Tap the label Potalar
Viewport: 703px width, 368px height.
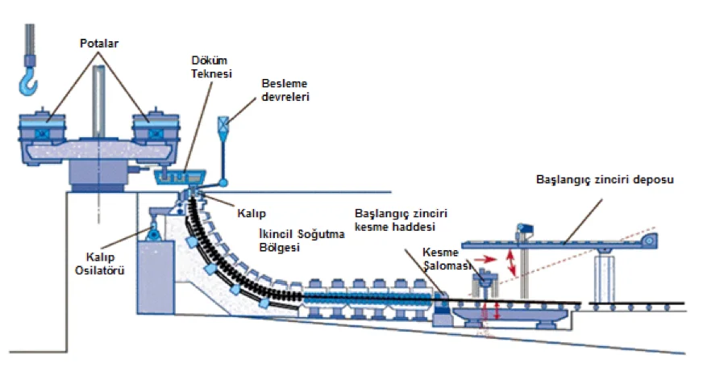99,44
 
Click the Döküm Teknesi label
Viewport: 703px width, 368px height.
211,67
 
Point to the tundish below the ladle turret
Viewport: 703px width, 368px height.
180,177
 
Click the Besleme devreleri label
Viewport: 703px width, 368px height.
285,90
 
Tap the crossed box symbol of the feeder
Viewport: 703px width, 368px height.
223,122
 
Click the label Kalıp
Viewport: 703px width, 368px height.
252,213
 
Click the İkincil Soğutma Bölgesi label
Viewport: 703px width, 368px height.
302,240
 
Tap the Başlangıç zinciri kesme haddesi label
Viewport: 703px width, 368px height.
401,220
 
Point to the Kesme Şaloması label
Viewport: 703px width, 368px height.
447,259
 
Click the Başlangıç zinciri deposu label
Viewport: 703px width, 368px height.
605,180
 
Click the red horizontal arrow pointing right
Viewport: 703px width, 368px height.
485,259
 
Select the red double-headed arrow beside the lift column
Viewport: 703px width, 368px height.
510,262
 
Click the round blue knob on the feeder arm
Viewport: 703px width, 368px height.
223,182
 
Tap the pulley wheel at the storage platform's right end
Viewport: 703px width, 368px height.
648,241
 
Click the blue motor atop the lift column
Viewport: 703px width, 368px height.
525,229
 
